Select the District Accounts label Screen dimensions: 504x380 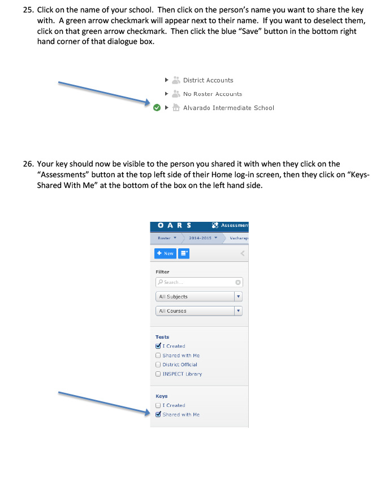(x=208, y=80)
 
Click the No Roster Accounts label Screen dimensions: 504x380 (x=212, y=94)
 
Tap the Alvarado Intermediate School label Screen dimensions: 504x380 (x=228, y=108)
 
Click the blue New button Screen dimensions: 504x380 (x=165, y=253)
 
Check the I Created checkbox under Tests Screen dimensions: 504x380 (x=158, y=346)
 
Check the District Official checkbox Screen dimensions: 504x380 (x=158, y=365)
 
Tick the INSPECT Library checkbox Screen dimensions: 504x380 (x=158, y=374)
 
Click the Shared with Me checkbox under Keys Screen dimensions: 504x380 (x=158, y=414)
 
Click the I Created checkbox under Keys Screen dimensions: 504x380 (x=158, y=405)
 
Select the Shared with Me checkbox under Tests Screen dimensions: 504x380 (x=158, y=356)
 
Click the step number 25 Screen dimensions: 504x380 (x=28, y=11)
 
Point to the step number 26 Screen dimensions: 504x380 (x=28, y=164)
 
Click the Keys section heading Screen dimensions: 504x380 (x=162, y=396)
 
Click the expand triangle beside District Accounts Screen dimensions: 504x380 (x=166, y=80)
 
